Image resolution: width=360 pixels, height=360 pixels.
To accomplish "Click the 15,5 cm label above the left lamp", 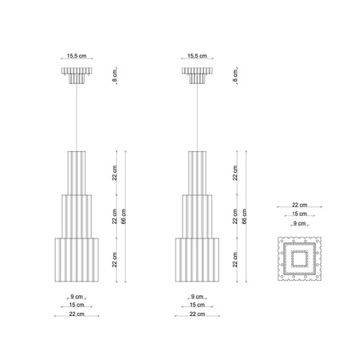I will point(76,56).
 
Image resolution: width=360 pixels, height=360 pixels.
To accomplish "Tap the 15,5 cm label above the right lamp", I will point(198,56).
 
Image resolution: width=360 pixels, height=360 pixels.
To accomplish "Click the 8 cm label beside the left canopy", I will point(114,76).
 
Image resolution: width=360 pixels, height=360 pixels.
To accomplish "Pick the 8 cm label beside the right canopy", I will point(236,76).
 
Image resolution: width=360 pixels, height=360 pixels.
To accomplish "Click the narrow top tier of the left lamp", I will point(76,172).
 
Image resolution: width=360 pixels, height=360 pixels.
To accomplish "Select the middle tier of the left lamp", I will point(76,214).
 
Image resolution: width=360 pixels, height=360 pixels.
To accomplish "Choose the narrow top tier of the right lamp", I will point(198,172).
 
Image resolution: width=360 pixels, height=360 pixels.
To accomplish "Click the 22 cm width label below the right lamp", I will point(198,314).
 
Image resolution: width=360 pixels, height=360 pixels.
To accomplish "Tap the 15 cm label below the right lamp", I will point(198,305).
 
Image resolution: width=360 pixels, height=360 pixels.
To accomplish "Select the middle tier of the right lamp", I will point(198,214).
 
